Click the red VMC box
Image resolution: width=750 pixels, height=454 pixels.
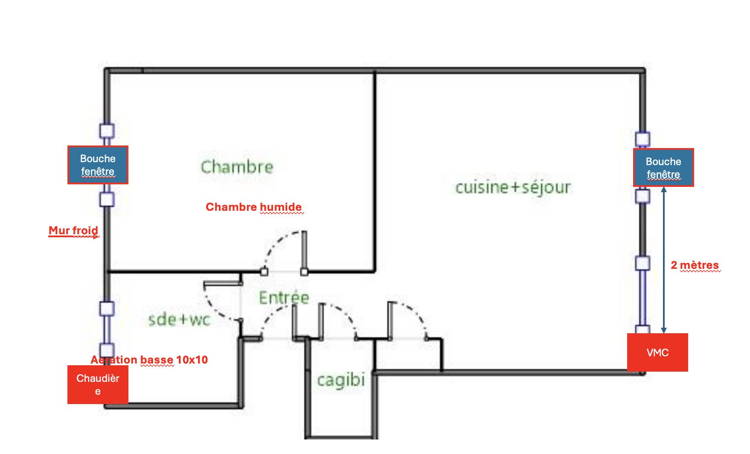[x=657, y=352]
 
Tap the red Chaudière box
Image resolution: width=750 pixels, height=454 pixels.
[x=98, y=384]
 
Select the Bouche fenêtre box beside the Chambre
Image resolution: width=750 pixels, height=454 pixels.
[x=98, y=165]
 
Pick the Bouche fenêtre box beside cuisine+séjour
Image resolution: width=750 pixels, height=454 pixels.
[x=663, y=168]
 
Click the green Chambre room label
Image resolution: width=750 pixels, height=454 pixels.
[x=237, y=167]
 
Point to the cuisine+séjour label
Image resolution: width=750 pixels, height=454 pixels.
[x=513, y=187]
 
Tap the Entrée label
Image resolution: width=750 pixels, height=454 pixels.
[x=284, y=297]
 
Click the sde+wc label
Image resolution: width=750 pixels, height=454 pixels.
[x=179, y=320]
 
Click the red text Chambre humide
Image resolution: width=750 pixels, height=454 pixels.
[x=254, y=207]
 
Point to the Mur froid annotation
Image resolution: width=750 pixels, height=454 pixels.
[x=73, y=230]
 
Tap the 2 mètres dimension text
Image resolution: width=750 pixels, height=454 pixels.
[x=695, y=265]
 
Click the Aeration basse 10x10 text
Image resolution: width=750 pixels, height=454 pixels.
[x=149, y=360]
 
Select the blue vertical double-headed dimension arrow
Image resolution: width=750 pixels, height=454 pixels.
[x=664, y=260]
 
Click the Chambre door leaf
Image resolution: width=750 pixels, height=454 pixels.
[x=304, y=250]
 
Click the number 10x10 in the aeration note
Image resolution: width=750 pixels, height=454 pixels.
[x=192, y=360]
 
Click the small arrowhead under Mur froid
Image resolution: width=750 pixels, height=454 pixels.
[x=96, y=236]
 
